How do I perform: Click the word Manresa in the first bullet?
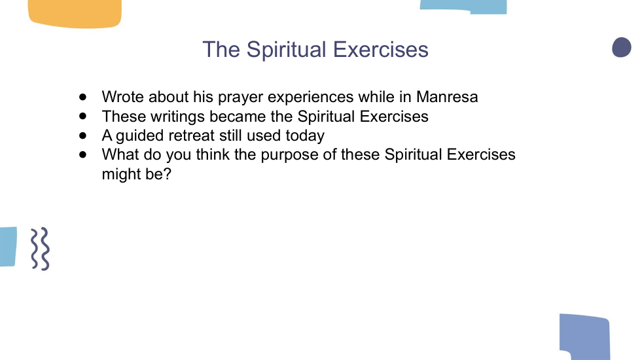click(447, 97)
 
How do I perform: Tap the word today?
click(305, 136)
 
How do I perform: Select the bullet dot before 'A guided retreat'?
click(83, 135)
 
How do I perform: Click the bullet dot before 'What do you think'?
click(83, 154)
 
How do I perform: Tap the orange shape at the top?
click(75, 14)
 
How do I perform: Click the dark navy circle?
click(622, 47)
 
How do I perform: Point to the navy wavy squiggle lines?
click(41, 249)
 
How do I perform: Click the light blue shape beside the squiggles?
click(8, 247)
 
